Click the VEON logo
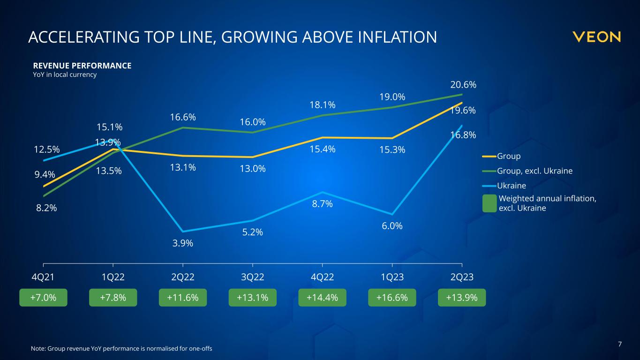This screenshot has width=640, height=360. click(596, 37)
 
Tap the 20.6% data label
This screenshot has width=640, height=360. click(463, 85)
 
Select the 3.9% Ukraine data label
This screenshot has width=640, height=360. click(183, 243)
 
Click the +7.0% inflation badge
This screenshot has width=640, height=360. click(43, 298)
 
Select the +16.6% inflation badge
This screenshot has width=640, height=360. click(392, 298)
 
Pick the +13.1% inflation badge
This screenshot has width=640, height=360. click(253, 298)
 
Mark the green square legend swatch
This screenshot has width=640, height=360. click(489, 203)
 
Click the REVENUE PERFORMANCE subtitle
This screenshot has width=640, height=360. click(82, 66)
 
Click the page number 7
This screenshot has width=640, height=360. click(620, 345)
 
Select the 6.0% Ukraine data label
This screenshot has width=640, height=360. click(392, 226)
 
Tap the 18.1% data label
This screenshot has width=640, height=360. click(323, 105)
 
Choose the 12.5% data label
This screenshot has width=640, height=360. click(47, 150)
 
